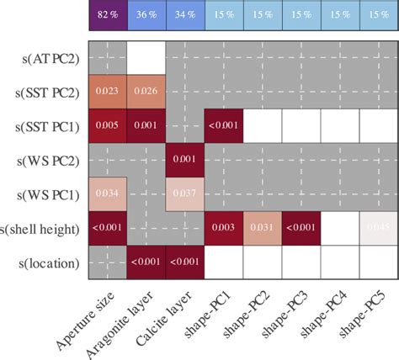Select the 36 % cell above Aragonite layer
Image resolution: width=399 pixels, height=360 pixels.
(146, 15)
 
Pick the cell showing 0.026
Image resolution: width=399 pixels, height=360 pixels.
(146, 91)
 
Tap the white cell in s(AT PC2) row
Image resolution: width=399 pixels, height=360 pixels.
(146, 56)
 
